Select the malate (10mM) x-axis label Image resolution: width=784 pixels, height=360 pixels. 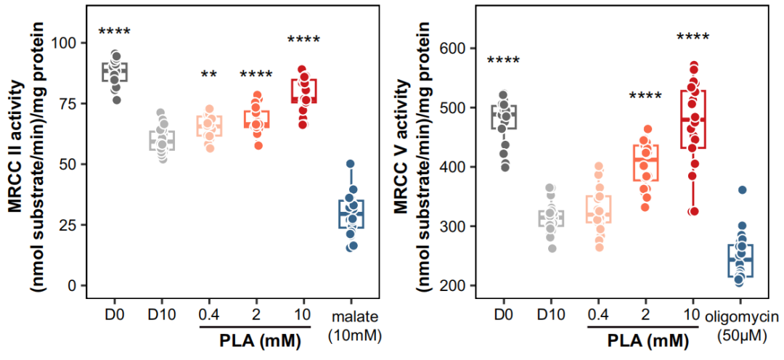point(350,324)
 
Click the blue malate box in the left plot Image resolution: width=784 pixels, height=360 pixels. point(351,214)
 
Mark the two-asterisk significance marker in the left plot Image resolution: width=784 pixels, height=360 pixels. point(209,74)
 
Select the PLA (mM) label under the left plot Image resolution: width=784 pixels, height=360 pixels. point(256,339)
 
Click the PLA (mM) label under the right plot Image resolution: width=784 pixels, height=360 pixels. point(644,339)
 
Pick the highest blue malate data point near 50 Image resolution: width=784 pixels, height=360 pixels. point(350,164)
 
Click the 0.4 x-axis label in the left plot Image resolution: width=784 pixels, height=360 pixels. point(208,314)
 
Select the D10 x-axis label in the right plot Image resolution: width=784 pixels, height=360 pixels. point(550,314)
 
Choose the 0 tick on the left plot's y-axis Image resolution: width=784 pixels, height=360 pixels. point(76,285)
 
